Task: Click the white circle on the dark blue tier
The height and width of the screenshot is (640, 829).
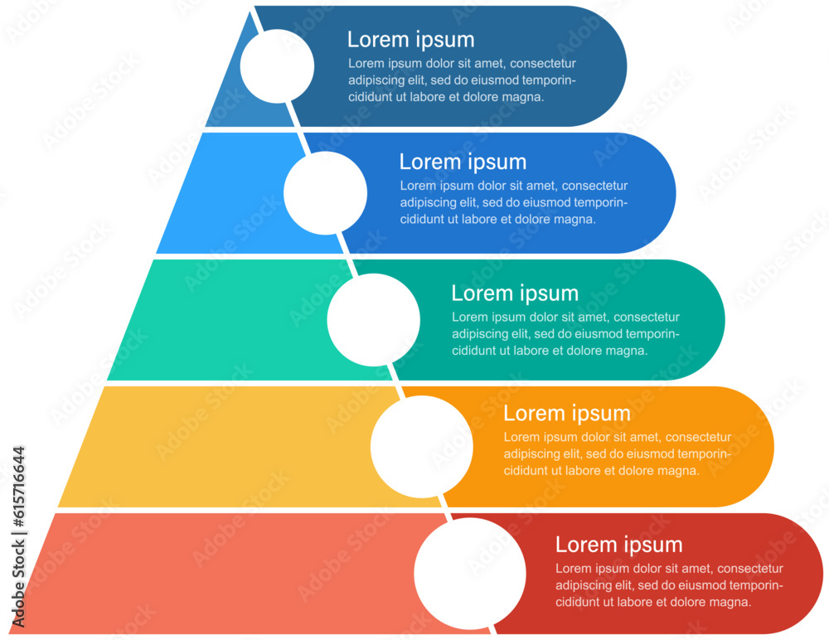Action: (277, 66)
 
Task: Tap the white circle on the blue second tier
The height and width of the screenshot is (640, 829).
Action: (325, 192)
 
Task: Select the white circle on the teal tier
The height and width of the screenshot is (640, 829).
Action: (373, 320)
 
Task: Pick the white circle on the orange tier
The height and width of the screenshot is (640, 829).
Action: (421, 447)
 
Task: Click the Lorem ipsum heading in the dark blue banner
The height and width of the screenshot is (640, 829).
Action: (410, 40)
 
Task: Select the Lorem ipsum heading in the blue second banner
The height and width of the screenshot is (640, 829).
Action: (463, 162)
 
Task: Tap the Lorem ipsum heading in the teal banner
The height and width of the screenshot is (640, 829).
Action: (515, 293)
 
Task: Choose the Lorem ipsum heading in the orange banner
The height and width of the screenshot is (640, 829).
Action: (567, 414)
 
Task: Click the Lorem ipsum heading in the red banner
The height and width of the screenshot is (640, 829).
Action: (618, 545)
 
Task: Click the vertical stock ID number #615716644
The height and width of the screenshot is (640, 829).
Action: (18, 497)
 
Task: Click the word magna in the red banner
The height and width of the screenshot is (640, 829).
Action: (730, 603)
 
